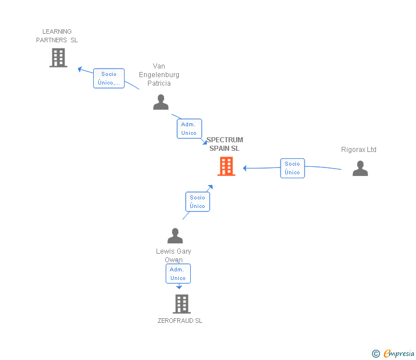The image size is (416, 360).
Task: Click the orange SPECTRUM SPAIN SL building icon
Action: point(226,166)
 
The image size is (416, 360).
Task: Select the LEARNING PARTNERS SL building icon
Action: point(58,58)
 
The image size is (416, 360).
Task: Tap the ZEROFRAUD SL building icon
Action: point(181,304)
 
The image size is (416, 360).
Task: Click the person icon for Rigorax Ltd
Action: point(360,168)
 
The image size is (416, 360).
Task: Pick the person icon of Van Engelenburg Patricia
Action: point(161,102)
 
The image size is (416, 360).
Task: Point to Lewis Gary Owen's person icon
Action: point(175,235)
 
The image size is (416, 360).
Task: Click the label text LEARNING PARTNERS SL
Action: point(57,36)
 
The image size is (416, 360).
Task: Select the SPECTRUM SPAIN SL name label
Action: point(225,144)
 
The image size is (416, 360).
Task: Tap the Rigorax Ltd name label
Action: point(359,150)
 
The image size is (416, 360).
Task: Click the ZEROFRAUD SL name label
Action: point(180,321)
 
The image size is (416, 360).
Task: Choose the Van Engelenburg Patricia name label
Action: point(159,75)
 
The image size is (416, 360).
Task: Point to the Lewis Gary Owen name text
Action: point(174,255)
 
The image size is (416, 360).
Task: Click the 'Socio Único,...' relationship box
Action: point(109,78)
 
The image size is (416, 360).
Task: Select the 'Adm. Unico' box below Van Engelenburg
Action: point(189,129)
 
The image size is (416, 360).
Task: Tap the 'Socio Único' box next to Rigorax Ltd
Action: point(292,168)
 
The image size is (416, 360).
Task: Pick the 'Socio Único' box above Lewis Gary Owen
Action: point(197,202)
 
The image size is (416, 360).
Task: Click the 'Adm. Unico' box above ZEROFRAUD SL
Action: point(178,273)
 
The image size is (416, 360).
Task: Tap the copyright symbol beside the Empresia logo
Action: point(375,354)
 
